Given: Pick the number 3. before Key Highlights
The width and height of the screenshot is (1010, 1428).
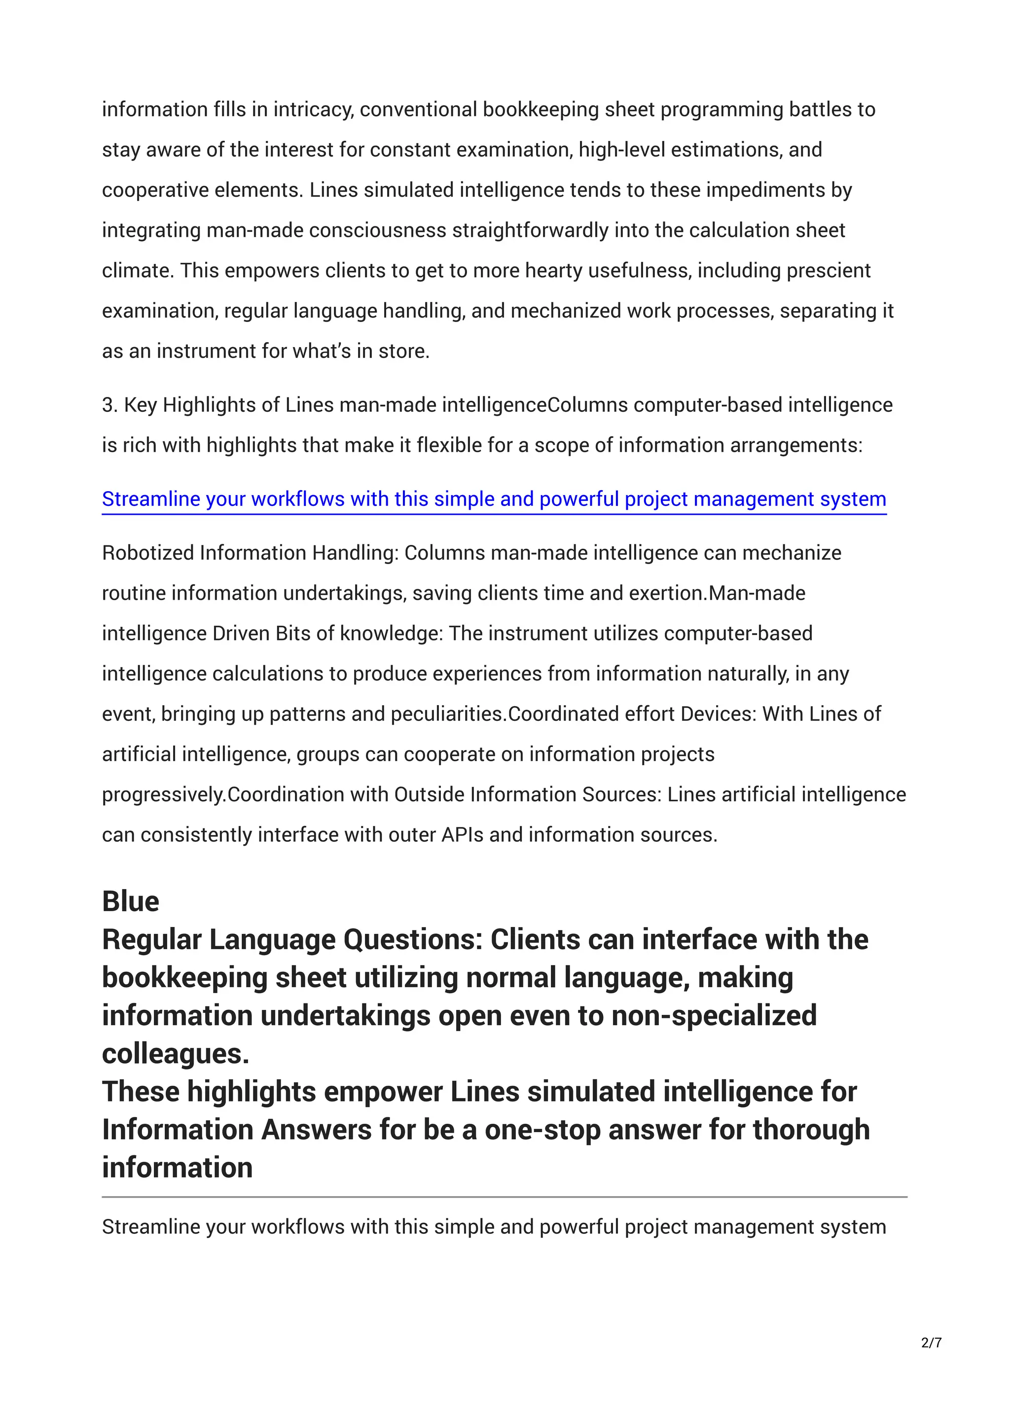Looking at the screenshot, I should coord(110,405).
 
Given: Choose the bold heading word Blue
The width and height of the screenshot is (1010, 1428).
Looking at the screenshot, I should coord(131,901).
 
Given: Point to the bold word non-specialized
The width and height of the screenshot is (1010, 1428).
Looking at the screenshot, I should coord(714,1016).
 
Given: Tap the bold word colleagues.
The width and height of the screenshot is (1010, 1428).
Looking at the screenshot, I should coord(176,1054).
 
